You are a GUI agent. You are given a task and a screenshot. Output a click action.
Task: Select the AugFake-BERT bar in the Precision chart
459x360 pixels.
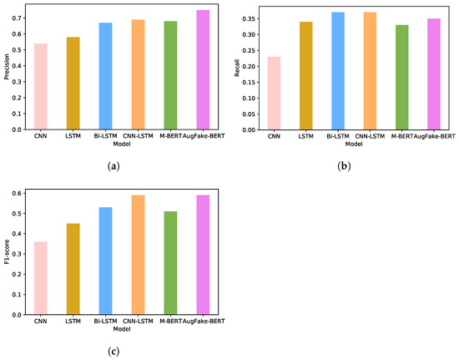(x=203, y=70)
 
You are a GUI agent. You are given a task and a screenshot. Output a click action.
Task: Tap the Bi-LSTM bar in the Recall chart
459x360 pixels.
(x=337, y=71)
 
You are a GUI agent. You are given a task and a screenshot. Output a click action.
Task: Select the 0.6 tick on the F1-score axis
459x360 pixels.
(x=21, y=193)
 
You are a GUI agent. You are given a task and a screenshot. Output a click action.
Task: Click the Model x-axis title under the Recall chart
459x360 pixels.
(x=354, y=144)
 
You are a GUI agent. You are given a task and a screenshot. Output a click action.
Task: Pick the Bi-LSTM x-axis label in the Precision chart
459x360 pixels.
(x=105, y=136)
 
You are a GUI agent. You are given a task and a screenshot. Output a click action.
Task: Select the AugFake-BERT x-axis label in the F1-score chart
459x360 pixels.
(x=203, y=321)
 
